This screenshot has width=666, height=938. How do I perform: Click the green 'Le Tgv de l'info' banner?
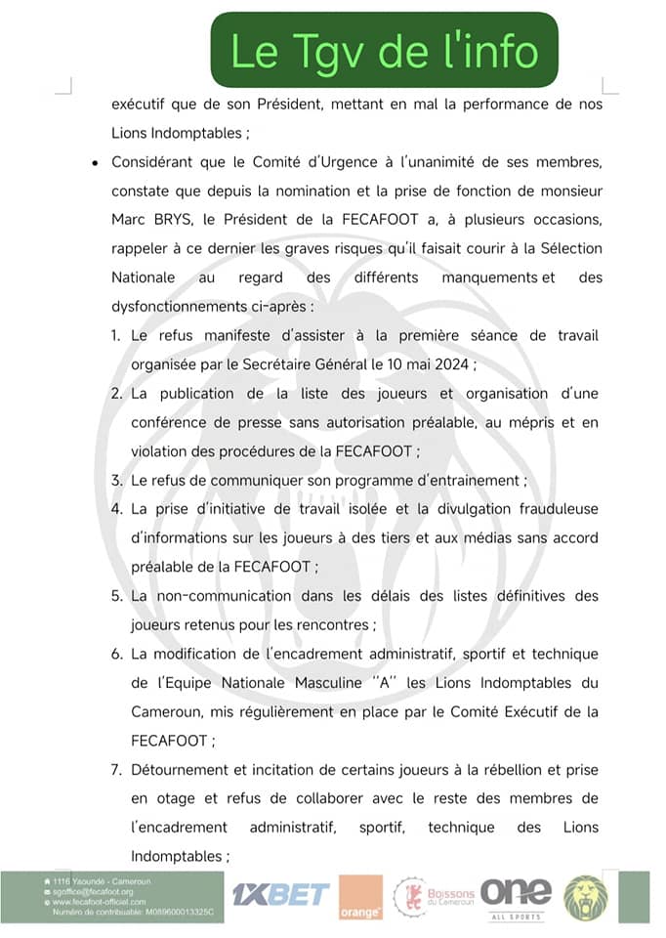click(x=385, y=51)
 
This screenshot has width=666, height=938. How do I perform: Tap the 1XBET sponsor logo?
click(x=278, y=893)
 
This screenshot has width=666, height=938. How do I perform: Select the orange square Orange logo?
click(x=360, y=898)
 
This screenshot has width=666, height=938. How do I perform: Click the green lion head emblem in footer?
click(x=586, y=897)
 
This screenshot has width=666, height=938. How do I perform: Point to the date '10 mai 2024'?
click(x=431, y=364)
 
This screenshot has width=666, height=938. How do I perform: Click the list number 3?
click(x=115, y=481)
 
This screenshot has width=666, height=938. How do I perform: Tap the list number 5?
click(x=115, y=595)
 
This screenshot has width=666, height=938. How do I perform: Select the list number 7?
click(x=115, y=770)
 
